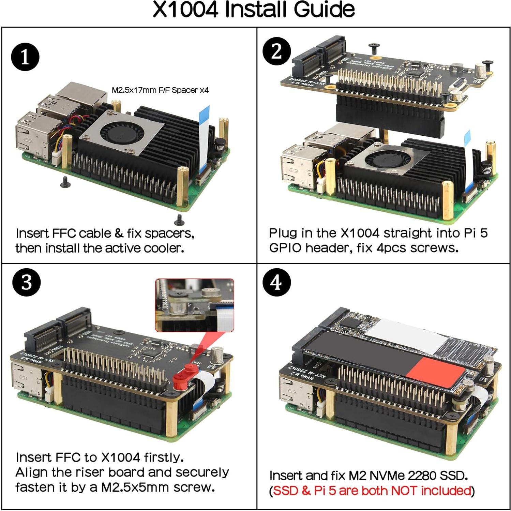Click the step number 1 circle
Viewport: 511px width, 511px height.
pos(25,57)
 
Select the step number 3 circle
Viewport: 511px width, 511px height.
pos(26,283)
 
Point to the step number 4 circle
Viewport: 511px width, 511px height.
pos(276,283)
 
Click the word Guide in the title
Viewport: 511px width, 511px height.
pos(324,10)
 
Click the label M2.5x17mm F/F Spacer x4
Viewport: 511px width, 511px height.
pos(160,90)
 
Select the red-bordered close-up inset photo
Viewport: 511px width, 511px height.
pos(195,305)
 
